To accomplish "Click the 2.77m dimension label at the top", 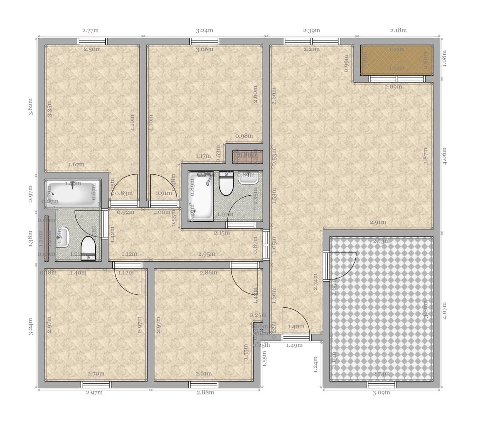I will (x=90, y=31).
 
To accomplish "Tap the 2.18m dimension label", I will (x=398, y=31).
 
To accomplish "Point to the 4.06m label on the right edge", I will (x=445, y=155).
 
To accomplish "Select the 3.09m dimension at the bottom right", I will (x=381, y=393).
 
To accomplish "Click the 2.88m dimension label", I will (x=205, y=393).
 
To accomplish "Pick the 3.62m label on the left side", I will (x=31, y=107).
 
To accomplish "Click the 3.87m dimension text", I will (x=426, y=156).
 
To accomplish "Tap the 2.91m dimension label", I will (x=378, y=222).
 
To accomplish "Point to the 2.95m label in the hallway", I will (x=206, y=254).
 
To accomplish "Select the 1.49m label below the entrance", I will (x=294, y=345).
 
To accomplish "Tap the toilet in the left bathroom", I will (x=88, y=248).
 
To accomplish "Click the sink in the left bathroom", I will (x=63, y=237).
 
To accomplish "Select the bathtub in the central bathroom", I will (x=201, y=196).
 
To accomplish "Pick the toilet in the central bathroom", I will (x=225, y=184).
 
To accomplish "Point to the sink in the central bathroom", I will (x=248, y=177).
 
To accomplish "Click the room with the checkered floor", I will (x=381, y=309).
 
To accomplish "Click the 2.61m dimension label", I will (x=204, y=374).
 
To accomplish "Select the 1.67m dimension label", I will (x=76, y=165).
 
